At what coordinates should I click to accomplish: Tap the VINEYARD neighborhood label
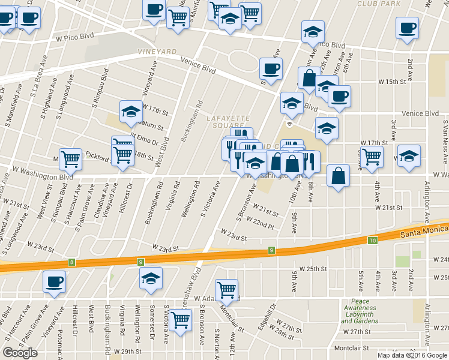click(157, 53)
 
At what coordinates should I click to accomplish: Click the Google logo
click(20, 352)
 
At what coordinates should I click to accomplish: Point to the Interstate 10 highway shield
click(373, 241)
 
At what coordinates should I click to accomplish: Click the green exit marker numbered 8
click(72, 262)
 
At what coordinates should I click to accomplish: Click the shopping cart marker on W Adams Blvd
click(226, 290)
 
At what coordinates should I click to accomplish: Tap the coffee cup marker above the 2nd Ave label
click(408, 28)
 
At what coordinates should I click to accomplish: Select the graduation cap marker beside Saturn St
click(130, 111)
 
